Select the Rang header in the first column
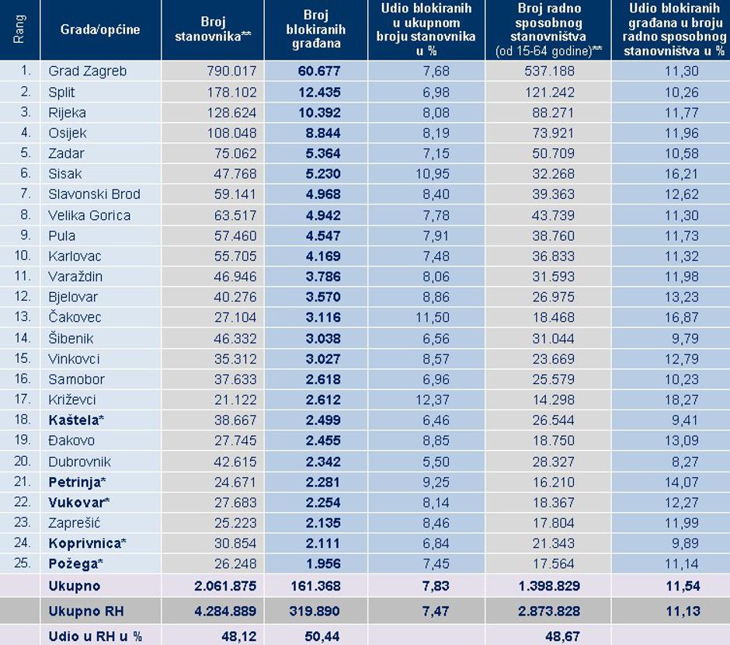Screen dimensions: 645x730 [x=19, y=30]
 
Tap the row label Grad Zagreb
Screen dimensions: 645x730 [x=87, y=71]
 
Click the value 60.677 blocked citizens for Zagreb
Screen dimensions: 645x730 [x=318, y=71]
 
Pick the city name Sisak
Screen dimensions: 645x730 [x=64, y=173]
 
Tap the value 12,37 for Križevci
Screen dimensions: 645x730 [x=433, y=399]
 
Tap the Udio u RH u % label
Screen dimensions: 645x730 [x=95, y=636]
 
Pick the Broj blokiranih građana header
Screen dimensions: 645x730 [x=316, y=30]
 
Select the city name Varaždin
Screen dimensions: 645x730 [x=75, y=276]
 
